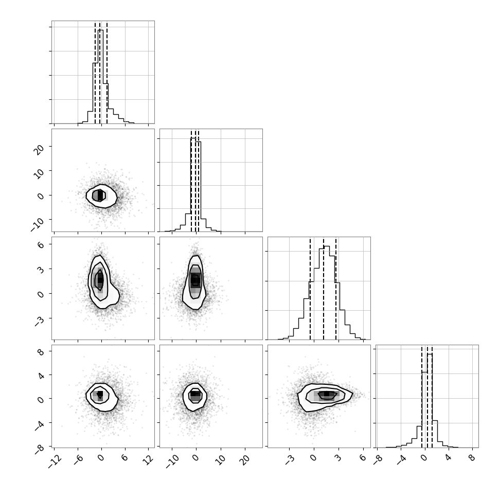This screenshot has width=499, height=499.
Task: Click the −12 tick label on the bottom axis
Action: coord(55,461)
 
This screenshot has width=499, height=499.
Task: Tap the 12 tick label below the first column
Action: coord(148,459)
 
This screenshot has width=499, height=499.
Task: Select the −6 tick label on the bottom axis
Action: coord(78,459)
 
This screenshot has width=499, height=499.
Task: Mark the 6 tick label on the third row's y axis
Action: coord(41,245)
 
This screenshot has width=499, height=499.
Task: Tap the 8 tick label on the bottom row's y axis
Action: coord(41,352)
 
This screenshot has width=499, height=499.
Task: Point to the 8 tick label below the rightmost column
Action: coord(472,458)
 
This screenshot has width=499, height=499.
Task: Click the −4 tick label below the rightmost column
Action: coord(402,459)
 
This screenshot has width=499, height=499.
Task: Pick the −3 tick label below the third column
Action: coord(289,459)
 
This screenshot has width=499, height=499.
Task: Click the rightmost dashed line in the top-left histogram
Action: coord(107,73)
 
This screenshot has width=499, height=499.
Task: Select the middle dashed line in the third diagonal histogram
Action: coord(324,289)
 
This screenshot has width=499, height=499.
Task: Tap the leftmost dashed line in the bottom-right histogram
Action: coord(422,397)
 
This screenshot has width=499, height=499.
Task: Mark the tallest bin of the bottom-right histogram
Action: coord(430,401)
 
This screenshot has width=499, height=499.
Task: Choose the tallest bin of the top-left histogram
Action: coord(100,77)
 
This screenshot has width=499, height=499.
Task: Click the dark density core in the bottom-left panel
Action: coord(100,394)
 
